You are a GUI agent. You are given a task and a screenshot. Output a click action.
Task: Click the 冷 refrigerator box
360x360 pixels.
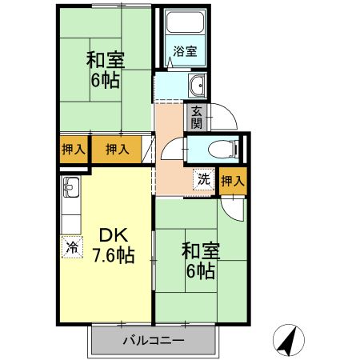[72, 247]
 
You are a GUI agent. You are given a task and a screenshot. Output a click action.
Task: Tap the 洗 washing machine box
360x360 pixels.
[204, 179]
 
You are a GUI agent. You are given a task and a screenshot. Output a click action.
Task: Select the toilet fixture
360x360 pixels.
[226, 149]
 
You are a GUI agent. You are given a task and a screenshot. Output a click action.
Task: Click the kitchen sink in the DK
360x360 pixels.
[70, 190]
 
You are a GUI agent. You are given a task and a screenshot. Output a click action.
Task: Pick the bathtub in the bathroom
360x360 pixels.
[186, 30]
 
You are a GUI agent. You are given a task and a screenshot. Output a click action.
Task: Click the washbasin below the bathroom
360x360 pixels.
[197, 87]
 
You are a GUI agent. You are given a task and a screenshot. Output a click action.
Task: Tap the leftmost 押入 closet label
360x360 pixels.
[70, 149]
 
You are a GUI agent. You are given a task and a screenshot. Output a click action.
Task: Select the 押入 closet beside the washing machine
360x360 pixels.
[233, 182]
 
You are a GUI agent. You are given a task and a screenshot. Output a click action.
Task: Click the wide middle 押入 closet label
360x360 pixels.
[118, 149]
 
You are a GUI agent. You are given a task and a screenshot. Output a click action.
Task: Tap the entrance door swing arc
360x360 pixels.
[226, 118]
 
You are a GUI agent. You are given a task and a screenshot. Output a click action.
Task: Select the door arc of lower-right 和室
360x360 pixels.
[232, 210]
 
